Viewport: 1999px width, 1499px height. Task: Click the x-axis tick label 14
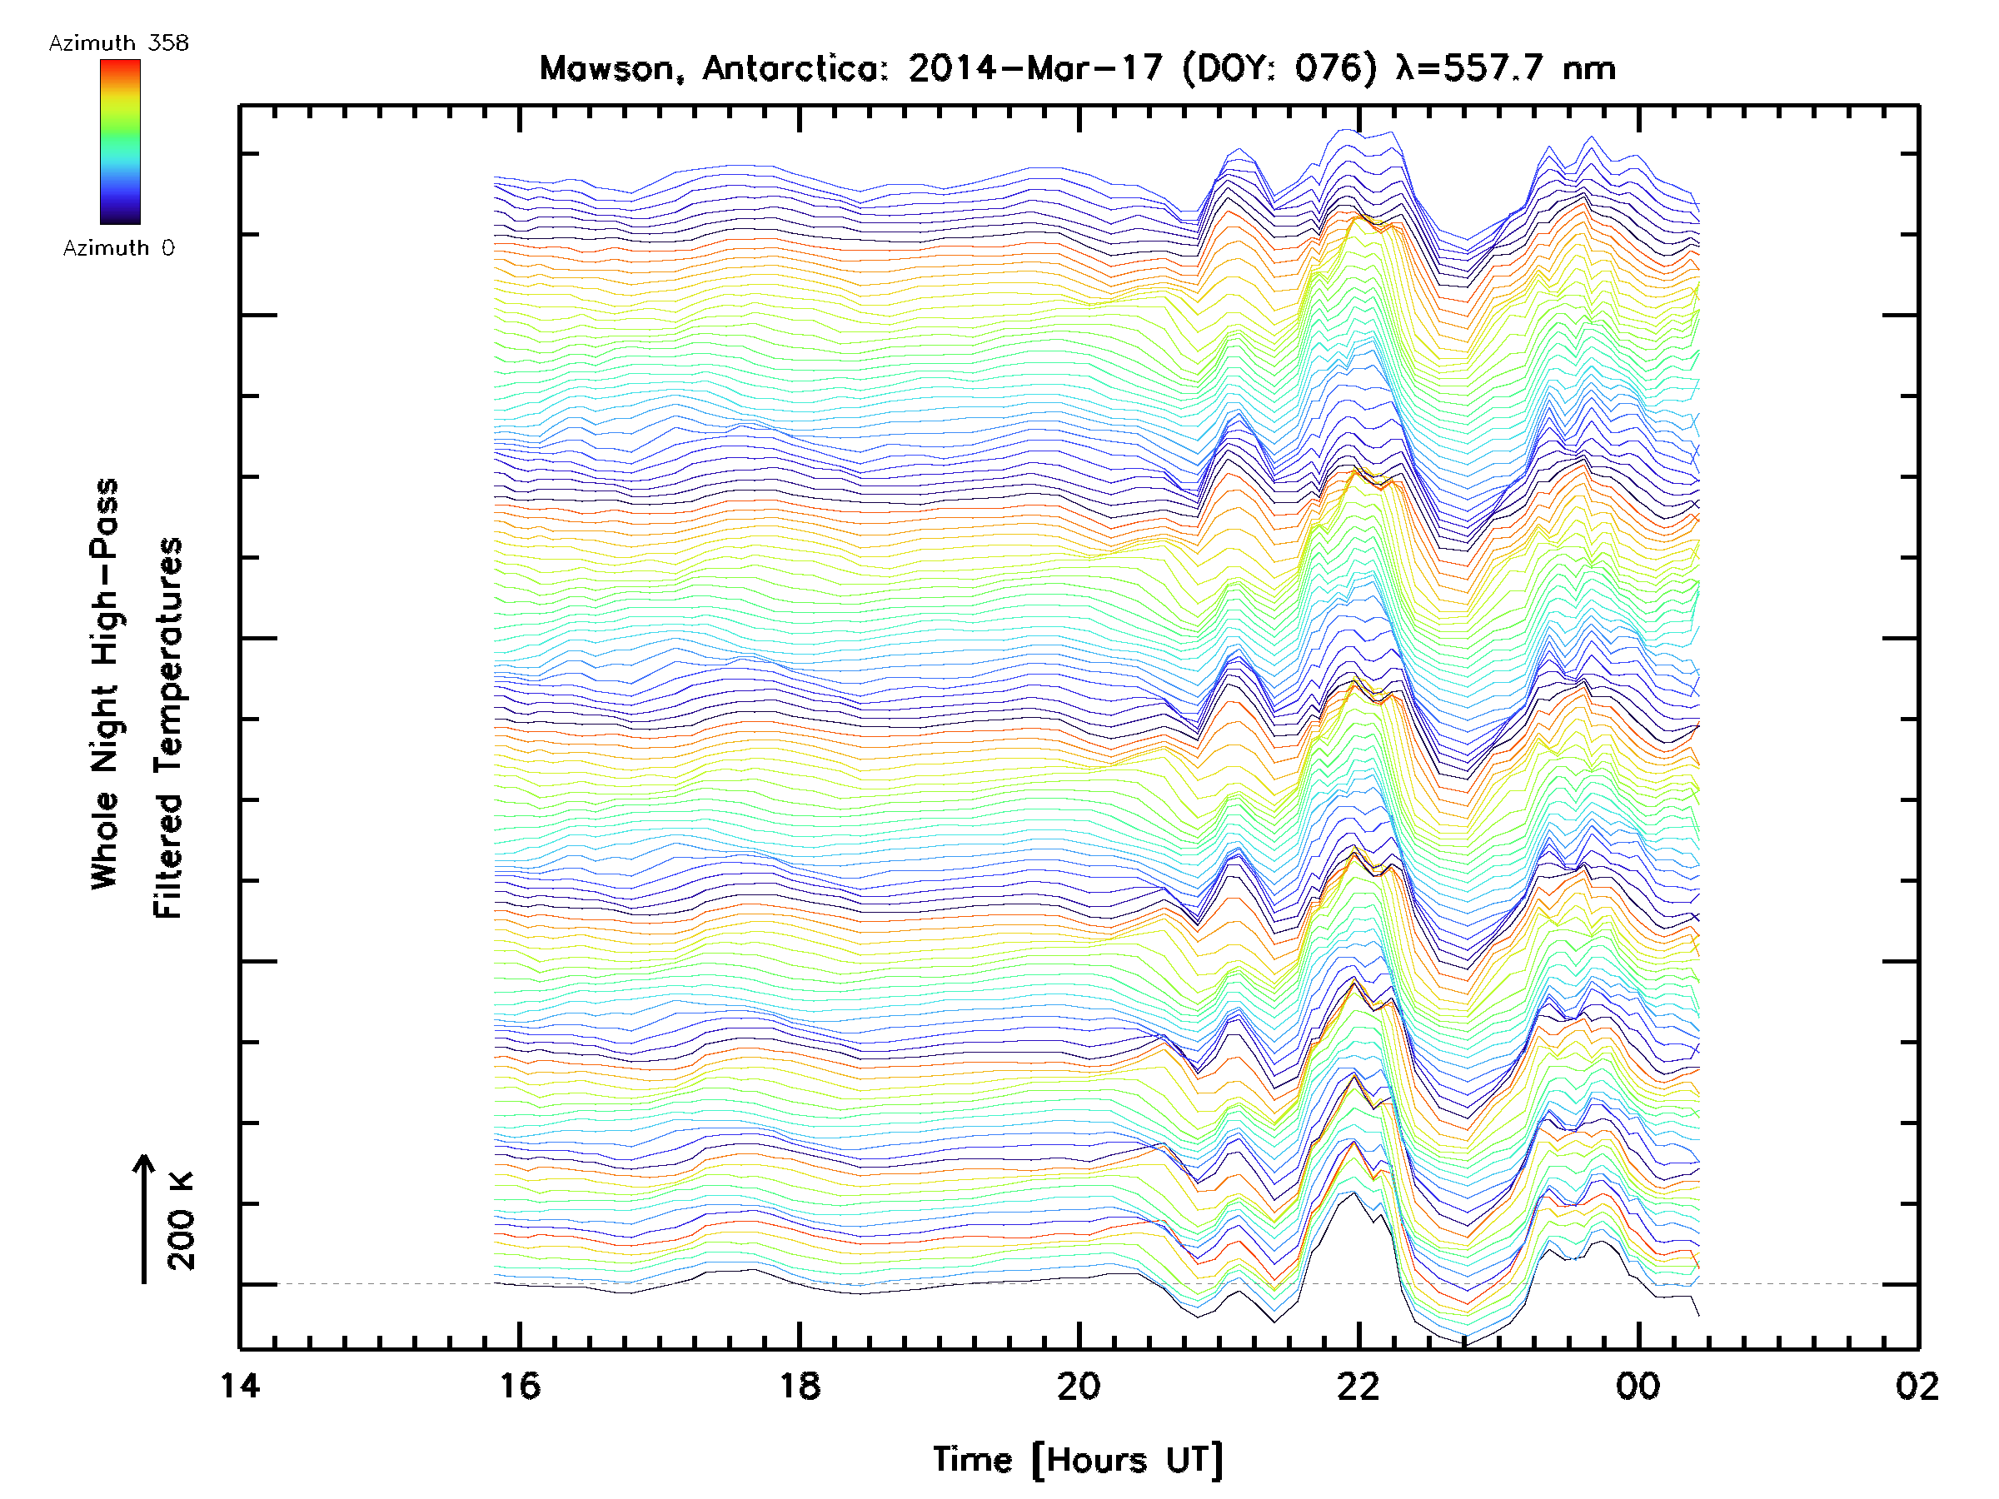click(x=240, y=1386)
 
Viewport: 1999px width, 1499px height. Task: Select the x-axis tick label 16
click(x=520, y=1386)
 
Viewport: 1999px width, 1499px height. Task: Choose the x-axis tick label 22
click(x=1358, y=1386)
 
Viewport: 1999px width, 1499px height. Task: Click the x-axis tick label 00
click(x=1638, y=1386)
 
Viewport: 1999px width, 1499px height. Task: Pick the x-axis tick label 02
click(x=1917, y=1386)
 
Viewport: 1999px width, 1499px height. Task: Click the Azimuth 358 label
click(x=118, y=43)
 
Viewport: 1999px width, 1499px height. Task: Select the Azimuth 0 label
click(x=118, y=248)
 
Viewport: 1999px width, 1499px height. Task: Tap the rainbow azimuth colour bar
click(x=120, y=142)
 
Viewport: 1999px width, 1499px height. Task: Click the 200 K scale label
click(x=182, y=1221)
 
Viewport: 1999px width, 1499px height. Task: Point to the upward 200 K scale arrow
click(x=144, y=1219)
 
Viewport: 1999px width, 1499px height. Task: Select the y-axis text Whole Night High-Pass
click(x=105, y=684)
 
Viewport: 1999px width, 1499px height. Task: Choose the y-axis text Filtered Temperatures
click(x=168, y=729)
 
